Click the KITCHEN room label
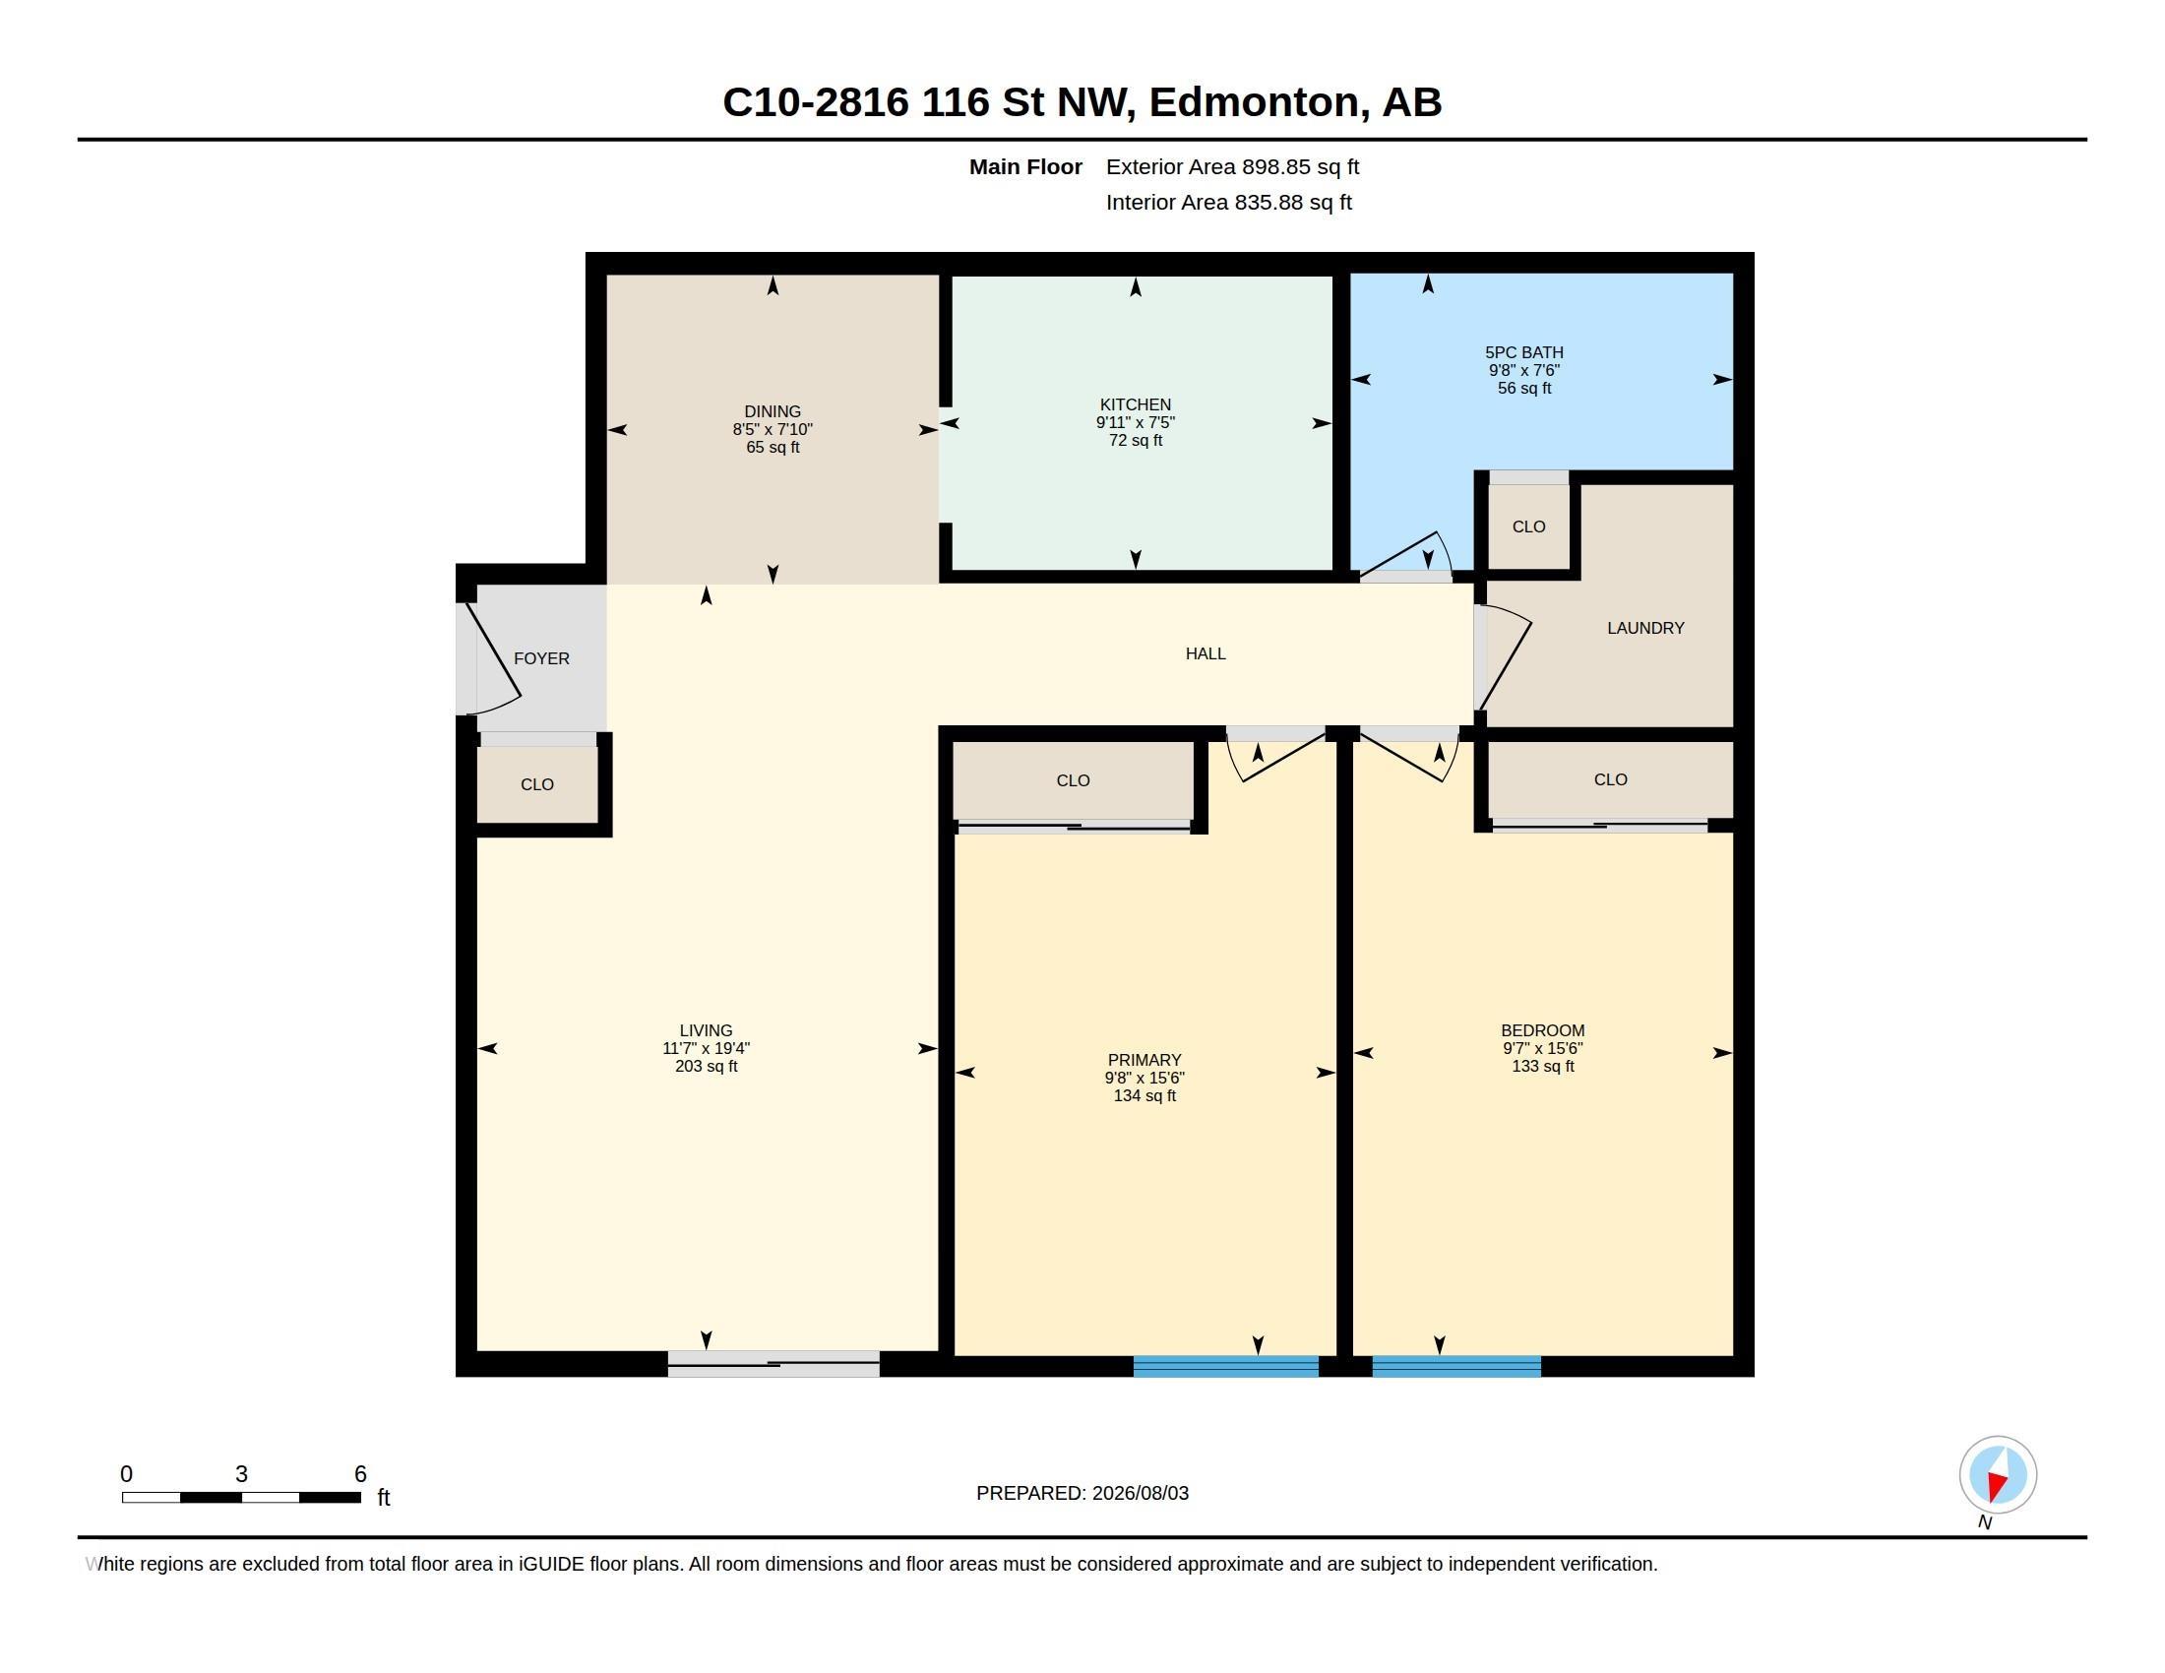(x=1135, y=404)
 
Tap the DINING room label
(x=773, y=411)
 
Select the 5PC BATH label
(x=1523, y=352)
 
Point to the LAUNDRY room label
(x=1644, y=628)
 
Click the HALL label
(x=1206, y=653)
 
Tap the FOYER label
(x=541, y=658)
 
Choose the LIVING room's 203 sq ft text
(x=706, y=1067)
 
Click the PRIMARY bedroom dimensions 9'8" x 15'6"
(x=1144, y=1078)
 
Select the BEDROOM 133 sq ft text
(x=1542, y=1067)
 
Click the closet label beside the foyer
(x=537, y=784)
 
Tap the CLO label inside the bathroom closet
(x=1528, y=527)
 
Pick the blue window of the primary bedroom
(x=1225, y=1367)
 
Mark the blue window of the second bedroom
(x=1456, y=1367)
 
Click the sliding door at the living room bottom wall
(x=773, y=1364)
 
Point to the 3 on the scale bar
(x=241, y=1474)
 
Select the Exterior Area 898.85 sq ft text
(x=1232, y=166)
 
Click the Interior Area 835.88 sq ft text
(x=1228, y=202)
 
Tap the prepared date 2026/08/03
(x=1140, y=1493)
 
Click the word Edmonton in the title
(x=1254, y=102)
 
